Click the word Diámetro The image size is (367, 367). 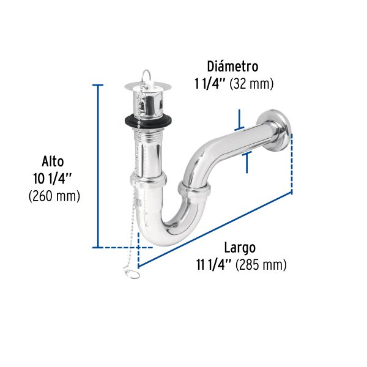[232, 66]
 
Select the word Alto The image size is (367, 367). [53, 162]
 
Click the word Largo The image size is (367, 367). [239, 248]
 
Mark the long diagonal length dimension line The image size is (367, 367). [214, 230]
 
